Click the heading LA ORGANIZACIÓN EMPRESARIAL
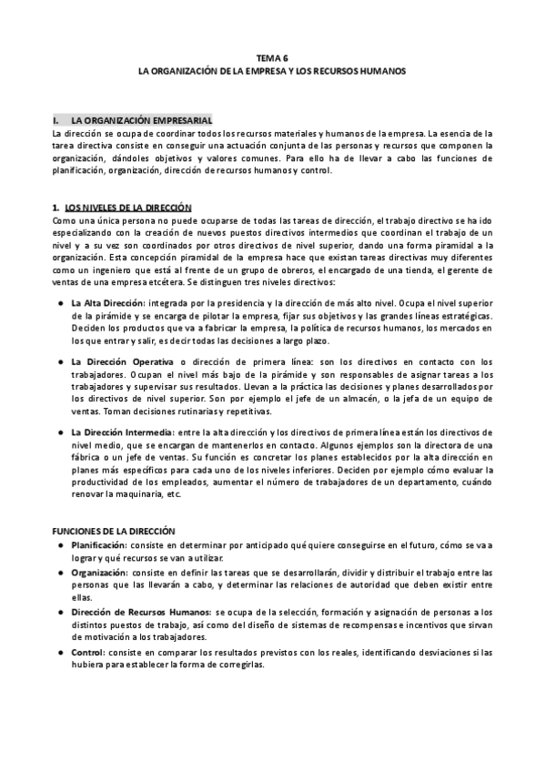pos(141,120)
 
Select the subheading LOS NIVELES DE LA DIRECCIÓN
pos(127,208)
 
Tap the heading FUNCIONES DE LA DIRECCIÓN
pos(114,531)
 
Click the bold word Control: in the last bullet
pos(90,653)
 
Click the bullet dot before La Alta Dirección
pos(60,301)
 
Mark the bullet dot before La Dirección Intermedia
pos(60,432)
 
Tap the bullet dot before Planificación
pos(60,545)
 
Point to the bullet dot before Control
pos(60,653)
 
